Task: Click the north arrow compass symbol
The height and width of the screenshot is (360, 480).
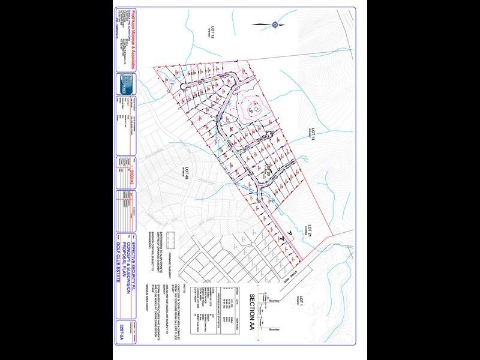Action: [x=274, y=25]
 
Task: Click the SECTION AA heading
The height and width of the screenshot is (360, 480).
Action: [x=253, y=311]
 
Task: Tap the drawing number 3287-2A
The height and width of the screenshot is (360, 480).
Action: [x=122, y=329]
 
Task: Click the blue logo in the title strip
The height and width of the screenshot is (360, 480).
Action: [x=125, y=82]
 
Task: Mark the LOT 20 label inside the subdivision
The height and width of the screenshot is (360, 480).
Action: [x=269, y=172]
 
